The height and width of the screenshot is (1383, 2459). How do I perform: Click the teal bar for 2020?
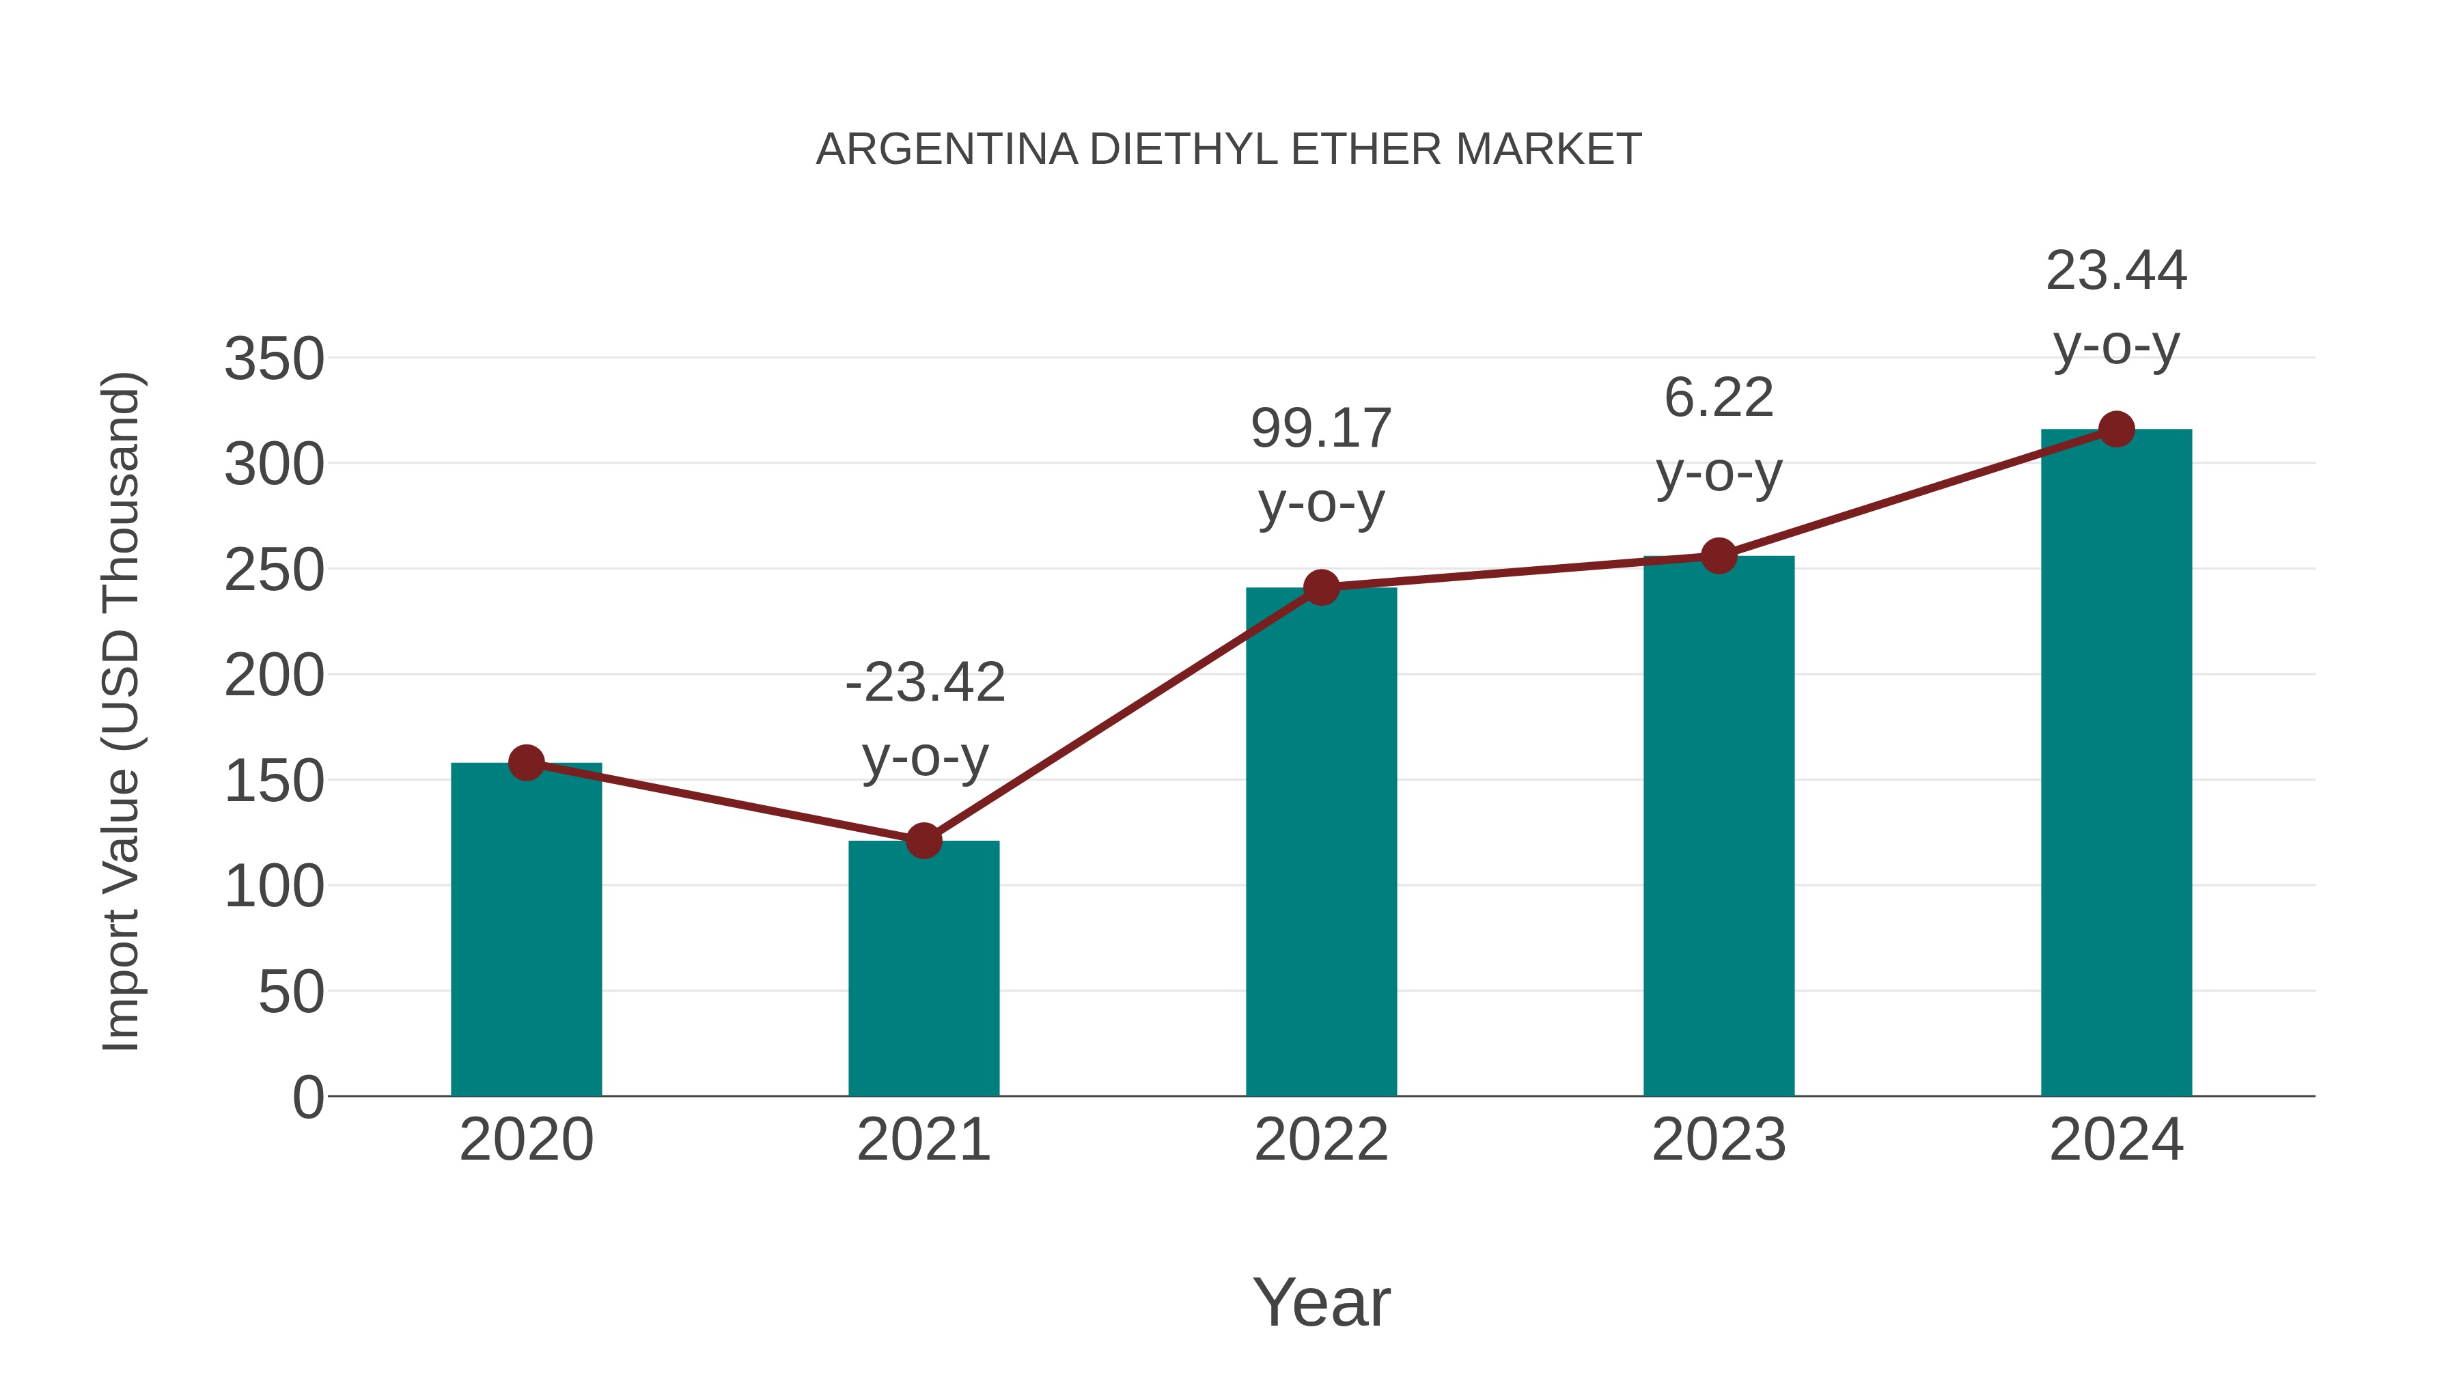(526, 931)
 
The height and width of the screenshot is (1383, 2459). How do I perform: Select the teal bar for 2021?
(923, 968)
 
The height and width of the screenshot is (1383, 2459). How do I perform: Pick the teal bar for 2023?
(1719, 826)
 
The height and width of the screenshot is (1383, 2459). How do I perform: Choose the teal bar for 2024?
(2116, 764)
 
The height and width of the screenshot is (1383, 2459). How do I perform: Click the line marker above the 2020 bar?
(526, 763)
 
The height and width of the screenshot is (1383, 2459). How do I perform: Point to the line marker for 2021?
(923, 841)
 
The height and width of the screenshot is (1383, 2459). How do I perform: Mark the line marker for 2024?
(2116, 430)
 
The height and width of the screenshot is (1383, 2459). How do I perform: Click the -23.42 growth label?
(925, 684)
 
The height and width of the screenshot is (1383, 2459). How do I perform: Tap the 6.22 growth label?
(1719, 398)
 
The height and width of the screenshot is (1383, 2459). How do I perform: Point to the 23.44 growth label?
(2116, 271)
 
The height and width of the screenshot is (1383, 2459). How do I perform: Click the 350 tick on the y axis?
(274, 360)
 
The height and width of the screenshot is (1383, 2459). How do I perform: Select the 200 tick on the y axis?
(274, 677)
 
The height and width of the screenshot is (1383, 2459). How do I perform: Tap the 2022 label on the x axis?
(1321, 1140)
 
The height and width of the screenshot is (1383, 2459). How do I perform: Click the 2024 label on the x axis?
(2116, 1140)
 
